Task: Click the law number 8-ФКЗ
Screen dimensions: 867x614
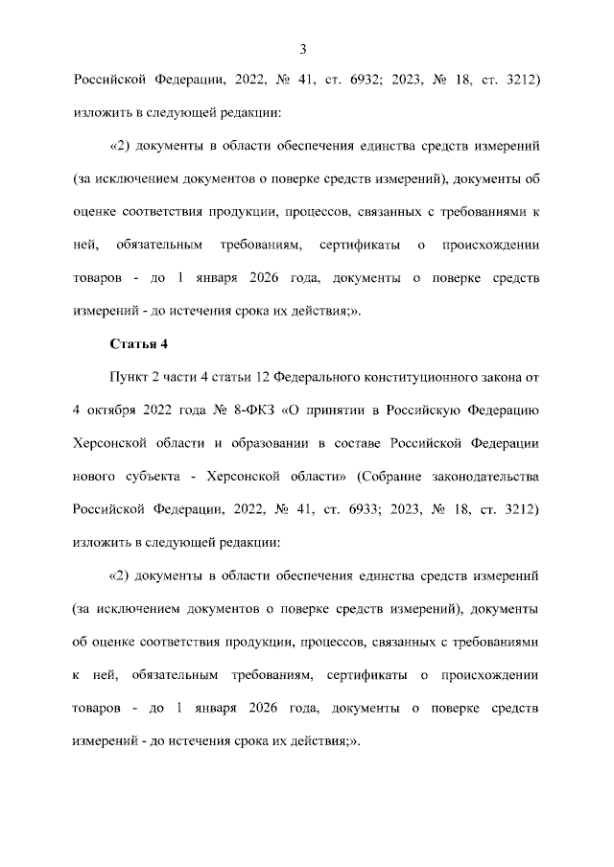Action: (x=250, y=410)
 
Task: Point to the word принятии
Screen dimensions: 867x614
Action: (x=337, y=410)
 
